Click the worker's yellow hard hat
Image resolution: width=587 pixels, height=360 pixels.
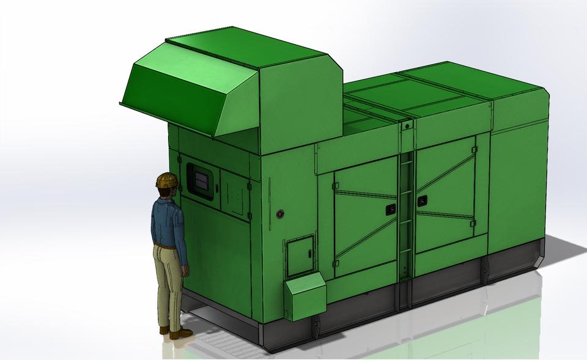pyautogui.click(x=166, y=180)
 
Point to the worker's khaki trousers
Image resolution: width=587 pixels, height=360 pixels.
pyautogui.click(x=168, y=281)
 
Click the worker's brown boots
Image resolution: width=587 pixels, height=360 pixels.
pyautogui.click(x=179, y=334)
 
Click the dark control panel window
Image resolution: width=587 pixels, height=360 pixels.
pyautogui.click(x=201, y=180)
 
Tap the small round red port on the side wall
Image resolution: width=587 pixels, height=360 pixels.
pyautogui.click(x=281, y=214)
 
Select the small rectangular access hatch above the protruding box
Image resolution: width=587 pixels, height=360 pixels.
pyautogui.click(x=300, y=257)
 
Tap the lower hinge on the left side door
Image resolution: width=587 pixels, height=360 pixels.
pyautogui.click(x=336, y=263)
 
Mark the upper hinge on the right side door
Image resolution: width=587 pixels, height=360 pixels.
pyautogui.click(x=473, y=150)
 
